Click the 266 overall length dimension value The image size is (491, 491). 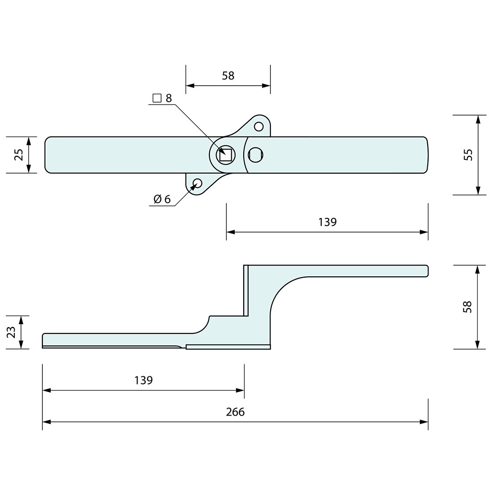(235, 412)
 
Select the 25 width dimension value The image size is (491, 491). (19, 154)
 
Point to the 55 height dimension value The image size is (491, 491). (467, 154)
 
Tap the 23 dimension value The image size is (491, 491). (12, 332)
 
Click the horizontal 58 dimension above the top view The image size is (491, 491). (228, 75)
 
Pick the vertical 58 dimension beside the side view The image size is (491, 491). (467, 307)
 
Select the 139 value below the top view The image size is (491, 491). (327, 222)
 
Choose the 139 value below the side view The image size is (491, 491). (143, 380)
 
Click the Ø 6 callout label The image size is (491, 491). (162, 200)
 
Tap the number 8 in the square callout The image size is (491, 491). (169, 98)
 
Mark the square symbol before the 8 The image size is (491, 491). (157, 98)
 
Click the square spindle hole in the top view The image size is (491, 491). (225, 155)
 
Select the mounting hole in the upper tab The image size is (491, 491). (258, 126)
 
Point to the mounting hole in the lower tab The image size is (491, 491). (197, 183)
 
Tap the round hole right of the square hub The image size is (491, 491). (255, 155)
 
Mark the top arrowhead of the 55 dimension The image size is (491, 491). (478, 119)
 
